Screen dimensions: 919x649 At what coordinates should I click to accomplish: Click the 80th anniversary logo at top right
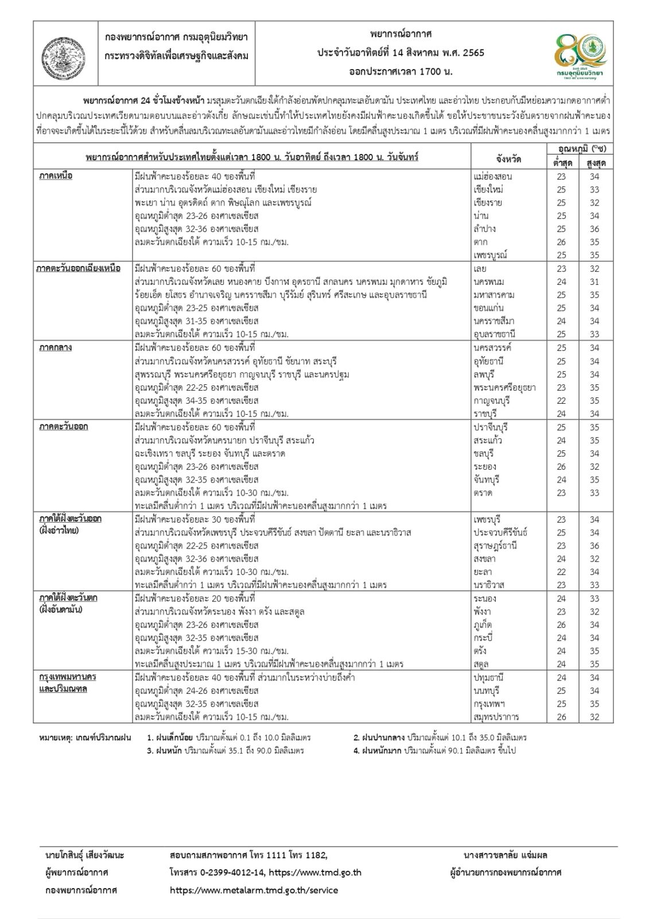[579, 53]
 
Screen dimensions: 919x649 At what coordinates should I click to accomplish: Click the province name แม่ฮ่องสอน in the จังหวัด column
[493, 176]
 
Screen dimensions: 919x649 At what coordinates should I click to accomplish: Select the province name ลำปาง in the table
[485, 229]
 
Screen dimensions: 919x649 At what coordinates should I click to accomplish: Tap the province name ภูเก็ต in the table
[483, 625]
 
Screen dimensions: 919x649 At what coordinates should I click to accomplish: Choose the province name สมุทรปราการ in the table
[497, 717]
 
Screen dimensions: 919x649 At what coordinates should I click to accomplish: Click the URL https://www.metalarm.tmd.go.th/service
[254, 890]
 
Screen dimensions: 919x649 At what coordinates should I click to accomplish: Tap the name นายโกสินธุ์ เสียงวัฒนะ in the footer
[84, 855]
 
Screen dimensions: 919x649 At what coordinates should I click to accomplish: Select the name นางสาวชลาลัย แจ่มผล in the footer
[506, 855]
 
